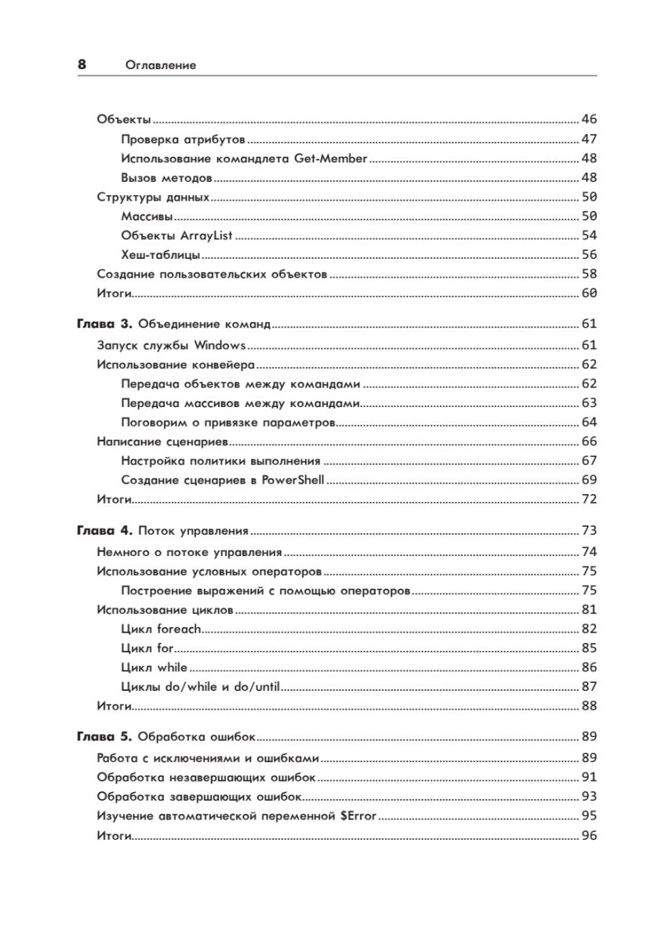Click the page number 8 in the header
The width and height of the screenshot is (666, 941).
click(82, 65)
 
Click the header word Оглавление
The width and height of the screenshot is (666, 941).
click(161, 66)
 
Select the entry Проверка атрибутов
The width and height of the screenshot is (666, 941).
click(184, 140)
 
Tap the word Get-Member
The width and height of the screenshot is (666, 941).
click(330, 158)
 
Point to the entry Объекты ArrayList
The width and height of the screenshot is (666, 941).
click(178, 235)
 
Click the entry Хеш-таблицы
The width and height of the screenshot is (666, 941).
click(162, 255)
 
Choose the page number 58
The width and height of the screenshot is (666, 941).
click(589, 274)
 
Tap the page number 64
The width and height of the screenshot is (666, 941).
click(589, 422)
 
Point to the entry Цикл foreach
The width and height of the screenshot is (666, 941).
click(162, 629)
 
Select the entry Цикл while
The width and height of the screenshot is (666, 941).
click(155, 667)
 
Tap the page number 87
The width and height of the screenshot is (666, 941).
click(589, 687)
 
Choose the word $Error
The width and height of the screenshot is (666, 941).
click(358, 816)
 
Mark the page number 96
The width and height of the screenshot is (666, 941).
click(589, 836)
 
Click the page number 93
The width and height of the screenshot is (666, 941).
click(589, 797)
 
